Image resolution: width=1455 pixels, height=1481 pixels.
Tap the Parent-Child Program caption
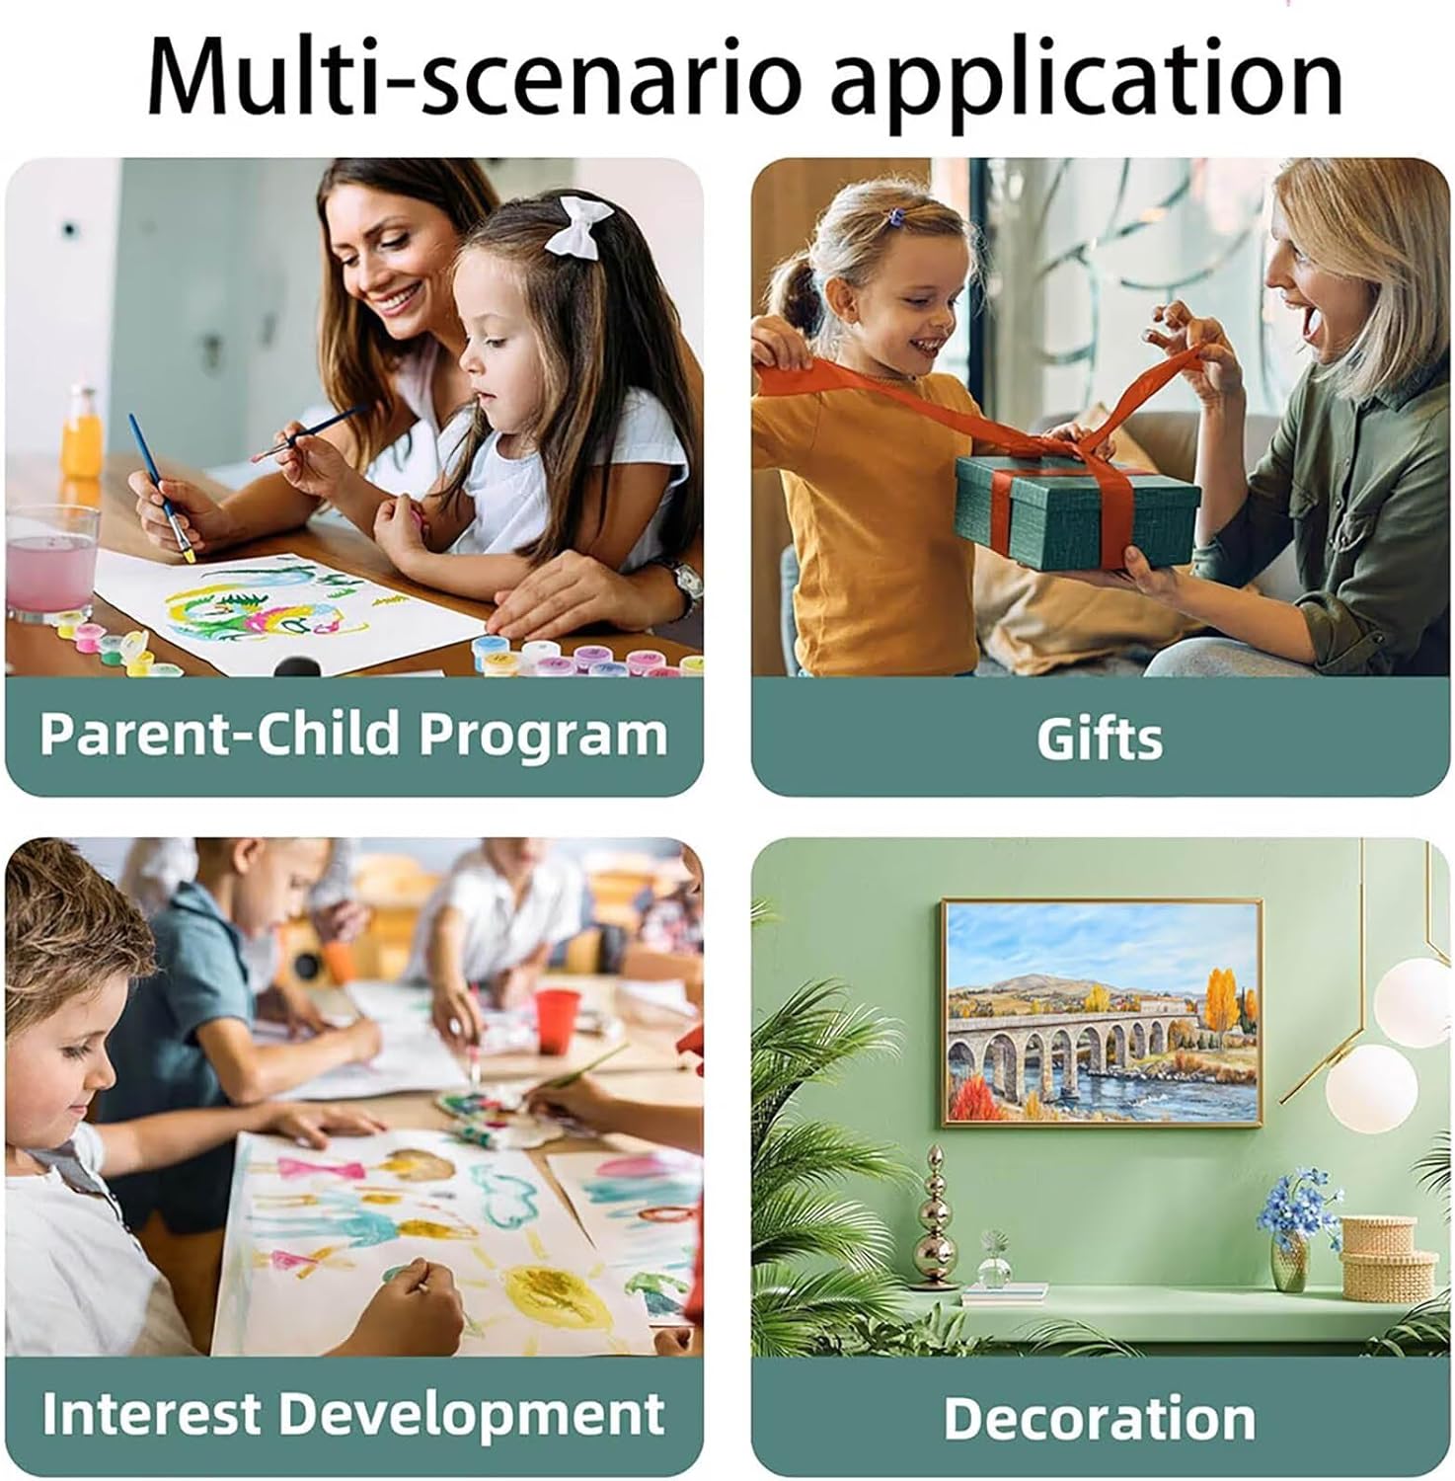pos(353,736)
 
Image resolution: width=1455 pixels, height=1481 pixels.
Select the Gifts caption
pos(1100,738)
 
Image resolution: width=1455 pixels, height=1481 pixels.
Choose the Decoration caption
pos(1100,1418)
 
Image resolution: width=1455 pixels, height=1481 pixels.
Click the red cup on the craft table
pos(557,1021)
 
